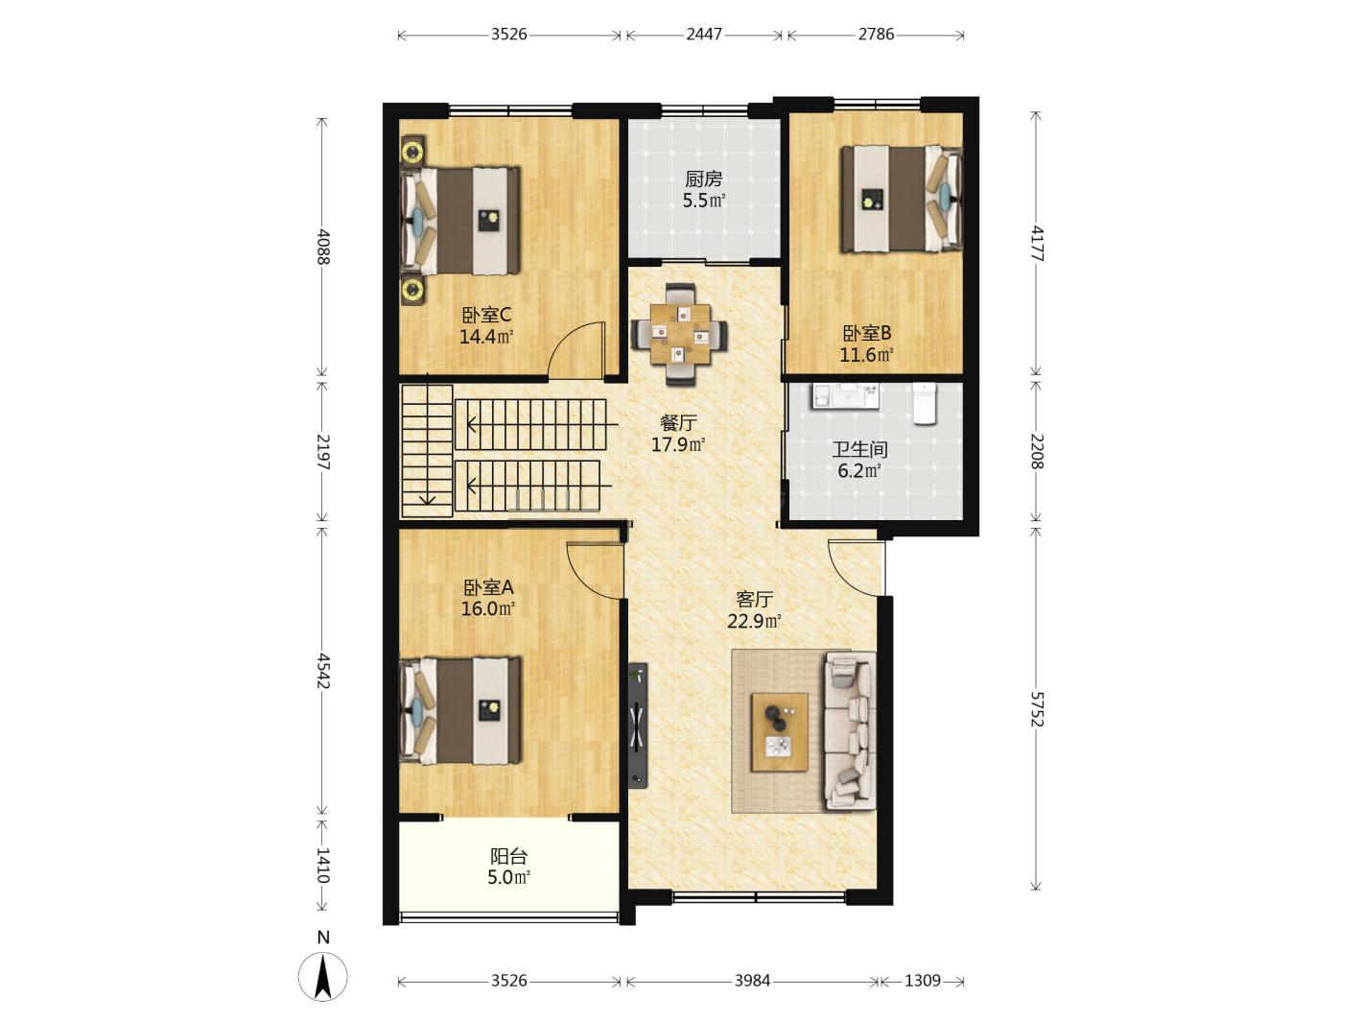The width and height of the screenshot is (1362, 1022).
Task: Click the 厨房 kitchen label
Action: [704, 179]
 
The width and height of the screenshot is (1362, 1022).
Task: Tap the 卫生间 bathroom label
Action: [859, 449]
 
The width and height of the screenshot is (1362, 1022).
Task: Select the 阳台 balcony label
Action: [508, 856]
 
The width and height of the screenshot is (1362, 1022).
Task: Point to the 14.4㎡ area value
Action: [486, 337]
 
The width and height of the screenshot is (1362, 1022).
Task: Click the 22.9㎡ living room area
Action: [754, 621]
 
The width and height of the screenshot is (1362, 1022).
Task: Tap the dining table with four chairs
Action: [679, 334]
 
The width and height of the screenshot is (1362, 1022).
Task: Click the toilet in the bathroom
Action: [924, 403]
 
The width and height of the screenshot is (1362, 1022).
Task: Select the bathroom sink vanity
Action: [845, 396]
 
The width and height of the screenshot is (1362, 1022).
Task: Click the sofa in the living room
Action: [850, 730]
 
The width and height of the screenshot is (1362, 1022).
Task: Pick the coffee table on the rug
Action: [780, 732]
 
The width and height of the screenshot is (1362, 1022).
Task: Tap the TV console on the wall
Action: [637, 725]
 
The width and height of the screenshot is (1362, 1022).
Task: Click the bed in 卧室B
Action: [901, 199]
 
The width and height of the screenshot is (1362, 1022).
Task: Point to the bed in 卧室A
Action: [459, 710]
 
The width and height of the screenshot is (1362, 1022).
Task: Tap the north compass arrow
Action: [322, 977]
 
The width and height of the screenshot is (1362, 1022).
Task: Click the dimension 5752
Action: [1036, 710]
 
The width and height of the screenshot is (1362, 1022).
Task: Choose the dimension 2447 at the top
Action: [704, 35]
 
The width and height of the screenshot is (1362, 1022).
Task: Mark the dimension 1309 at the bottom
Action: [922, 981]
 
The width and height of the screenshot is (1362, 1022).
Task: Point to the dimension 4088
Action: [322, 247]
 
